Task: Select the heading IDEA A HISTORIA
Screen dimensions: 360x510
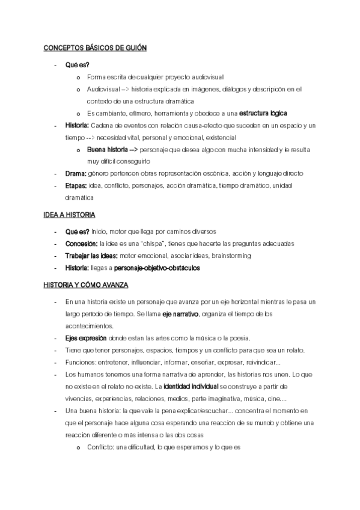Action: click(x=69, y=215)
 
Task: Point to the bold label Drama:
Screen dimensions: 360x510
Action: click(x=76, y=173)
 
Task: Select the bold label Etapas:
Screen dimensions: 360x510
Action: click(x=76, y=185)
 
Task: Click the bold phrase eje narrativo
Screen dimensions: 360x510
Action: click(x=181, y=314)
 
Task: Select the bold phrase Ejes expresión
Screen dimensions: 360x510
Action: click(x=86, y=338)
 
